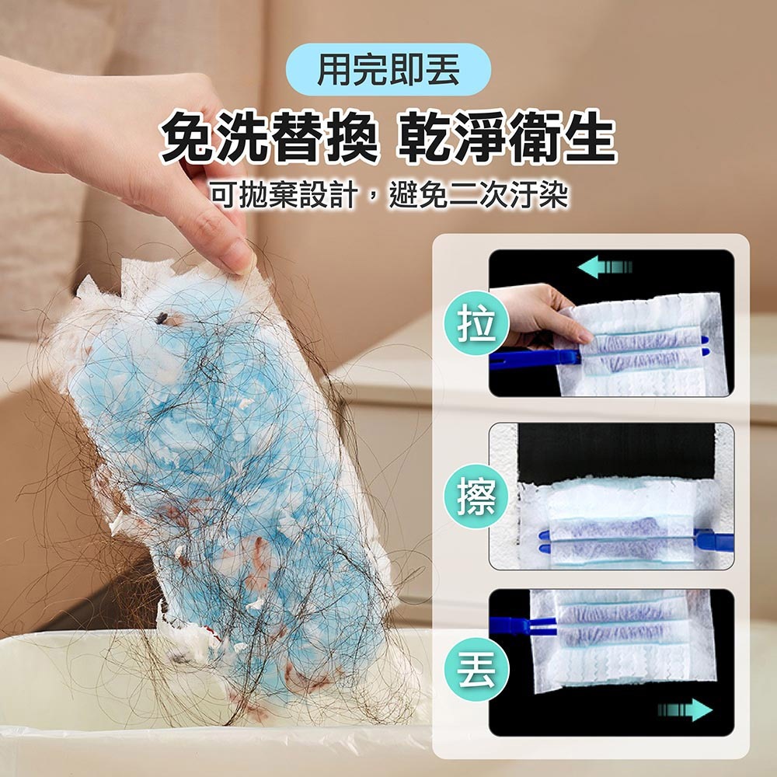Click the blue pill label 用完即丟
coord(389,69)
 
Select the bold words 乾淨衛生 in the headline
coord(508,138)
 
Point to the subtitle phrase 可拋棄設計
coord(284,195)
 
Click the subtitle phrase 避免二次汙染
coord(479,195)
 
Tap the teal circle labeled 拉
coord(476,323)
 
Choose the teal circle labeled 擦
coord(476,496)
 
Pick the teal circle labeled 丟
coord(476,669)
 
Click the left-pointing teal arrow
coord(605,267)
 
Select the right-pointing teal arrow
coord(685,709)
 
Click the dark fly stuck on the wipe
coord(162,319)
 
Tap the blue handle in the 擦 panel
coord(713,540)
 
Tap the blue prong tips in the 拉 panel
coord(706,346)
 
